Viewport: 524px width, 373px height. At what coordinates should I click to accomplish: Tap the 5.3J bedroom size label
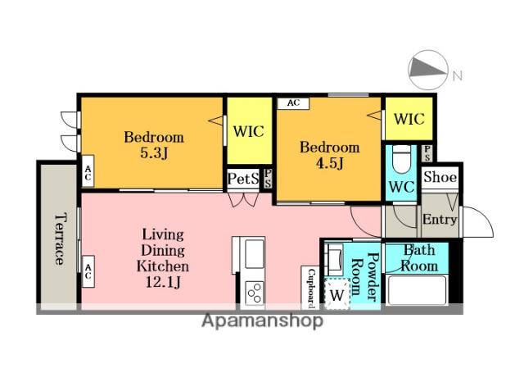pos(154,153)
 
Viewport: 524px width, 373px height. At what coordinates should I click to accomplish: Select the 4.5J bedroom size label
pos(330,164)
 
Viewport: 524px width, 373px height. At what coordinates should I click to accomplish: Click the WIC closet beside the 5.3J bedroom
pos(249,131)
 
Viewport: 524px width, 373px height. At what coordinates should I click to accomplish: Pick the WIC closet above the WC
pos(409,119)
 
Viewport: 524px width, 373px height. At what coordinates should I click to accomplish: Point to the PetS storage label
pos(243,179)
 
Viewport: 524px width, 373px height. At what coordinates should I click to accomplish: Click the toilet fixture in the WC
pos(402,159)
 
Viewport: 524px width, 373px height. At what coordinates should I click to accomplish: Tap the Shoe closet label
pos(440,177)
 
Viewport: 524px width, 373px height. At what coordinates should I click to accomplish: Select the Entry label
pos(440,220)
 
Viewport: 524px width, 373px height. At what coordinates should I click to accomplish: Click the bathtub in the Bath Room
pos(418,289)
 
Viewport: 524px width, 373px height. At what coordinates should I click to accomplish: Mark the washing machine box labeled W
pos(337,293)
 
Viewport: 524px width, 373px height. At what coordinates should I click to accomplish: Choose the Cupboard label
pos(311,288)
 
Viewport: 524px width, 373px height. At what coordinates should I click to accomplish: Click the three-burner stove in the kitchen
pos(254,293)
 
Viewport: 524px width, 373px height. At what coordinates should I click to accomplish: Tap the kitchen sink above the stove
pos(253,254)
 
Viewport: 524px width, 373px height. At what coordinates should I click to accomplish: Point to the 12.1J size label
pos(163,283)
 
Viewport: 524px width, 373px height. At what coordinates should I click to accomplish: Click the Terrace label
pos(60,239)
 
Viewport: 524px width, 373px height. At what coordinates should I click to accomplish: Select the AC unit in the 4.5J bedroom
pos(293,103)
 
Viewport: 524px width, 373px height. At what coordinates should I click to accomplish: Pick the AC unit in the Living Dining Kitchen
pos(88,271)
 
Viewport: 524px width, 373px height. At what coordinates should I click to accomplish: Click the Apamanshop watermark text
pos(262,321)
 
